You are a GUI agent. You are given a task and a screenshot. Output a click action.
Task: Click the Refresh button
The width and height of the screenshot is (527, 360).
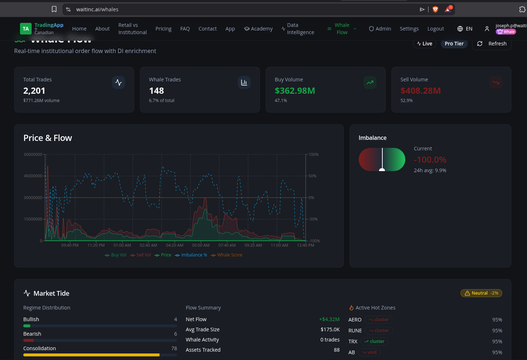[x=491, y=44]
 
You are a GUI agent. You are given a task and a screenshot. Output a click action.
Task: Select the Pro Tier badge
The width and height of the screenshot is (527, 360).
[x=454, y=44]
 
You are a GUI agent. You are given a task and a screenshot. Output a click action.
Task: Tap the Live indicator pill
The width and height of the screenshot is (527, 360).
[x=425, y=44]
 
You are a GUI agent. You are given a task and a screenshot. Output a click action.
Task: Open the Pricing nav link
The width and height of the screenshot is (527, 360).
[x=163, y=29]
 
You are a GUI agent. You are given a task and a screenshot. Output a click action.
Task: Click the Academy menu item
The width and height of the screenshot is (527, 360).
[x=258, y=29]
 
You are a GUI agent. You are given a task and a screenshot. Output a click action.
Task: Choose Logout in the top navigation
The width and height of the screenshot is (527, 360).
[x=435, y=29]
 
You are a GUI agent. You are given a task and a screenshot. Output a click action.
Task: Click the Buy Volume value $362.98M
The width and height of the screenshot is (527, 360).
[x=295, y=91]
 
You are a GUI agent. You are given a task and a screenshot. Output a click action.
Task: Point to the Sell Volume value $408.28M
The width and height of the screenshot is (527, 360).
[x=421, y=91]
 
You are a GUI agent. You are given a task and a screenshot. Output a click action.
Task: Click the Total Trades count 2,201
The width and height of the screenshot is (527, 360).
[x=34, y=91]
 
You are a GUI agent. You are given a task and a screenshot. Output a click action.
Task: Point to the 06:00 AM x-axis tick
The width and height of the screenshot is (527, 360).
[x=201, y=245]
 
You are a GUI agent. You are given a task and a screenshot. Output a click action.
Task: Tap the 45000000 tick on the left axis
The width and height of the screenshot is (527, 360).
[x=33, y=176]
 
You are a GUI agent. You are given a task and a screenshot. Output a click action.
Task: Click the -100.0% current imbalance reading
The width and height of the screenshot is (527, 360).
[x=430, y=160]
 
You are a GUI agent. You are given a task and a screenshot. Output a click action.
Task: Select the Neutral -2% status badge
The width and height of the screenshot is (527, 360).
[x=481, y=293]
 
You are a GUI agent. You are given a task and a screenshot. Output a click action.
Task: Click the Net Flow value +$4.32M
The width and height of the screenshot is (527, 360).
[x=329, y=319]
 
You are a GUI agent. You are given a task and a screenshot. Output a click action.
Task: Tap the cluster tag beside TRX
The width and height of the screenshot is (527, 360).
[x=374, y=341]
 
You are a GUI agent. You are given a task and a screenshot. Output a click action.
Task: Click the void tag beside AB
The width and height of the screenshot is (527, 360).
[x=369, y=352]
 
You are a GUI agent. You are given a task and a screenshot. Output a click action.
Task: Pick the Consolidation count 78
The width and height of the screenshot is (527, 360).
[x=174, y=348]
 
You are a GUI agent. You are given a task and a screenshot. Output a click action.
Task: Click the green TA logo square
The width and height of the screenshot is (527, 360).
[x=26, y=29]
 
